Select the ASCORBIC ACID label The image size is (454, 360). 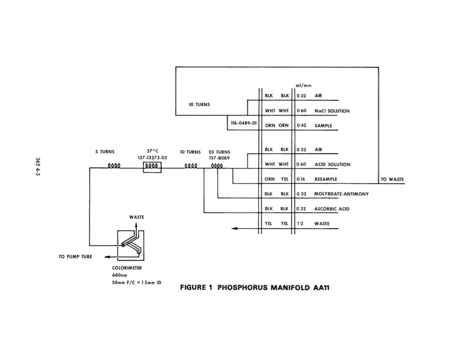332,208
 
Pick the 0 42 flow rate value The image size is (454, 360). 303,125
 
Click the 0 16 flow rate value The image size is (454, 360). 303,179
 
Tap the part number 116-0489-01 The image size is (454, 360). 243,124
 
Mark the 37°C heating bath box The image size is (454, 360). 153,166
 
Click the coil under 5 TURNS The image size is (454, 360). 113,166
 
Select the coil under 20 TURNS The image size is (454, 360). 217,166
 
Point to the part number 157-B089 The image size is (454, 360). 219,157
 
